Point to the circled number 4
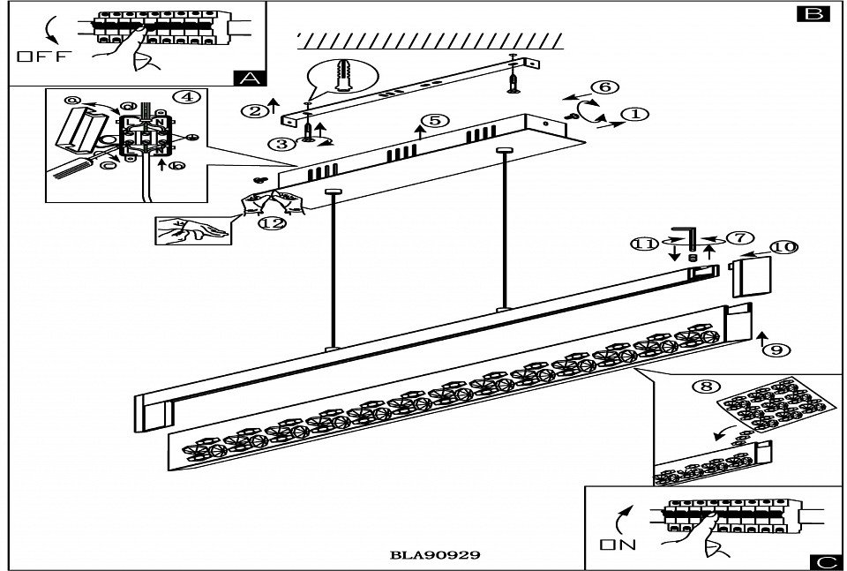(184, 97)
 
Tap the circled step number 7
(738, 239)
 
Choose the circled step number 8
(703, 386)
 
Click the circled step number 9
(776, 350)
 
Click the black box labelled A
(251, 78)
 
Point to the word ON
(618, 545)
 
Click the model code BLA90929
(434, 556)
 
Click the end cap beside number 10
(750, 276)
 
